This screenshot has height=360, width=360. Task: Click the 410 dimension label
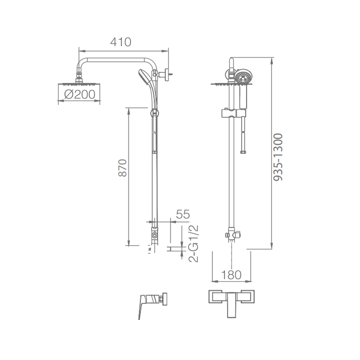(x=120, y=42)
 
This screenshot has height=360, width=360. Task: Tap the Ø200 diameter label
(x=80, y=94)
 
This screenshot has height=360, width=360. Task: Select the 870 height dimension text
(x=122, y=168)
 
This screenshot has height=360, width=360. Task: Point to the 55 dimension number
(x=183, y=214)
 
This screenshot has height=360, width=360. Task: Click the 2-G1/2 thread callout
(x=193, y=244)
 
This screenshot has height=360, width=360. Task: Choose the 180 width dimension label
(x=231, y=275)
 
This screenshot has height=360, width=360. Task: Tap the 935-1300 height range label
(x=278, y=157)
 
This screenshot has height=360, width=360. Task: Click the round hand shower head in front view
(x=243, y=76)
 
